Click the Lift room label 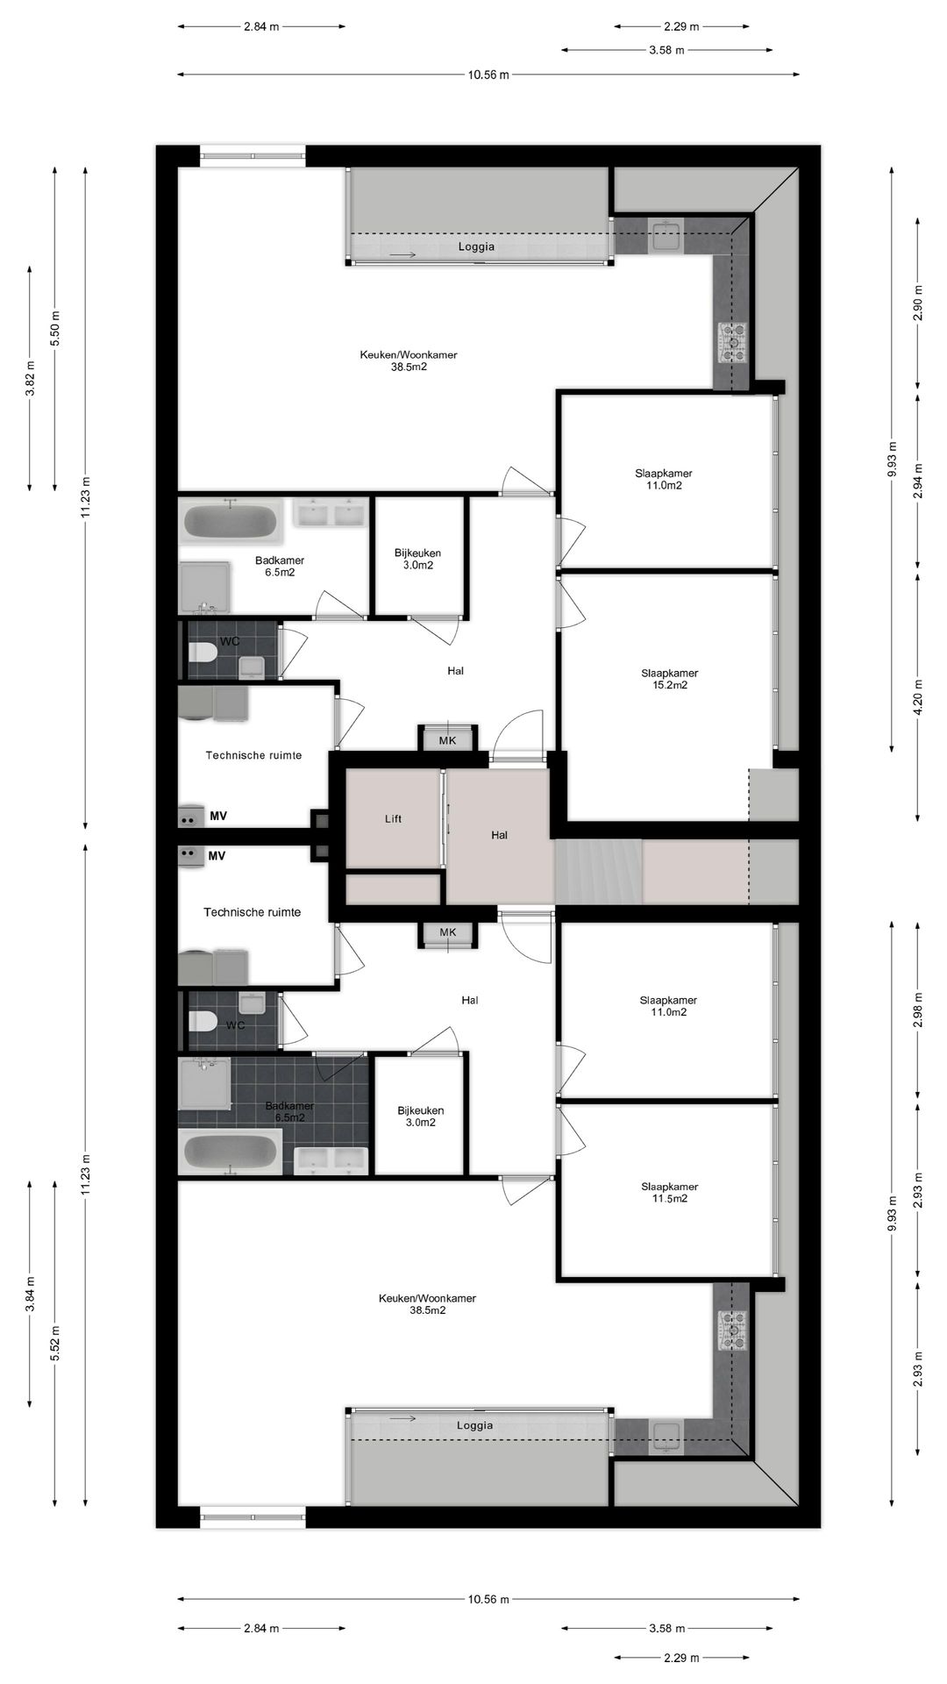tap(393, 819)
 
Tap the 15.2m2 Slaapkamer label tap(669, 679)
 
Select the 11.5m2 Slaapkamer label tap(669, 1192)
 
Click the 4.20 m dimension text tap(918, 698)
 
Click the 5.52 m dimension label tap(55, 1343)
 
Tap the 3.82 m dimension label tap(30, 379)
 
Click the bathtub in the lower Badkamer tap(230, 1152)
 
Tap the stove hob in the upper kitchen tap(733, 343)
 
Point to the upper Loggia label tap(476, 247)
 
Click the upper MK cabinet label tap(448, 740)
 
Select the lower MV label tap(217, 855)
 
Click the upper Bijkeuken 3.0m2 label tap(417, 559)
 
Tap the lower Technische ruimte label tap(253, 912)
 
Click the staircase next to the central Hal tap(598, 872)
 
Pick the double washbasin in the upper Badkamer tap(331, 514)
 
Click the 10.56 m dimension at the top tap(488, 75)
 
